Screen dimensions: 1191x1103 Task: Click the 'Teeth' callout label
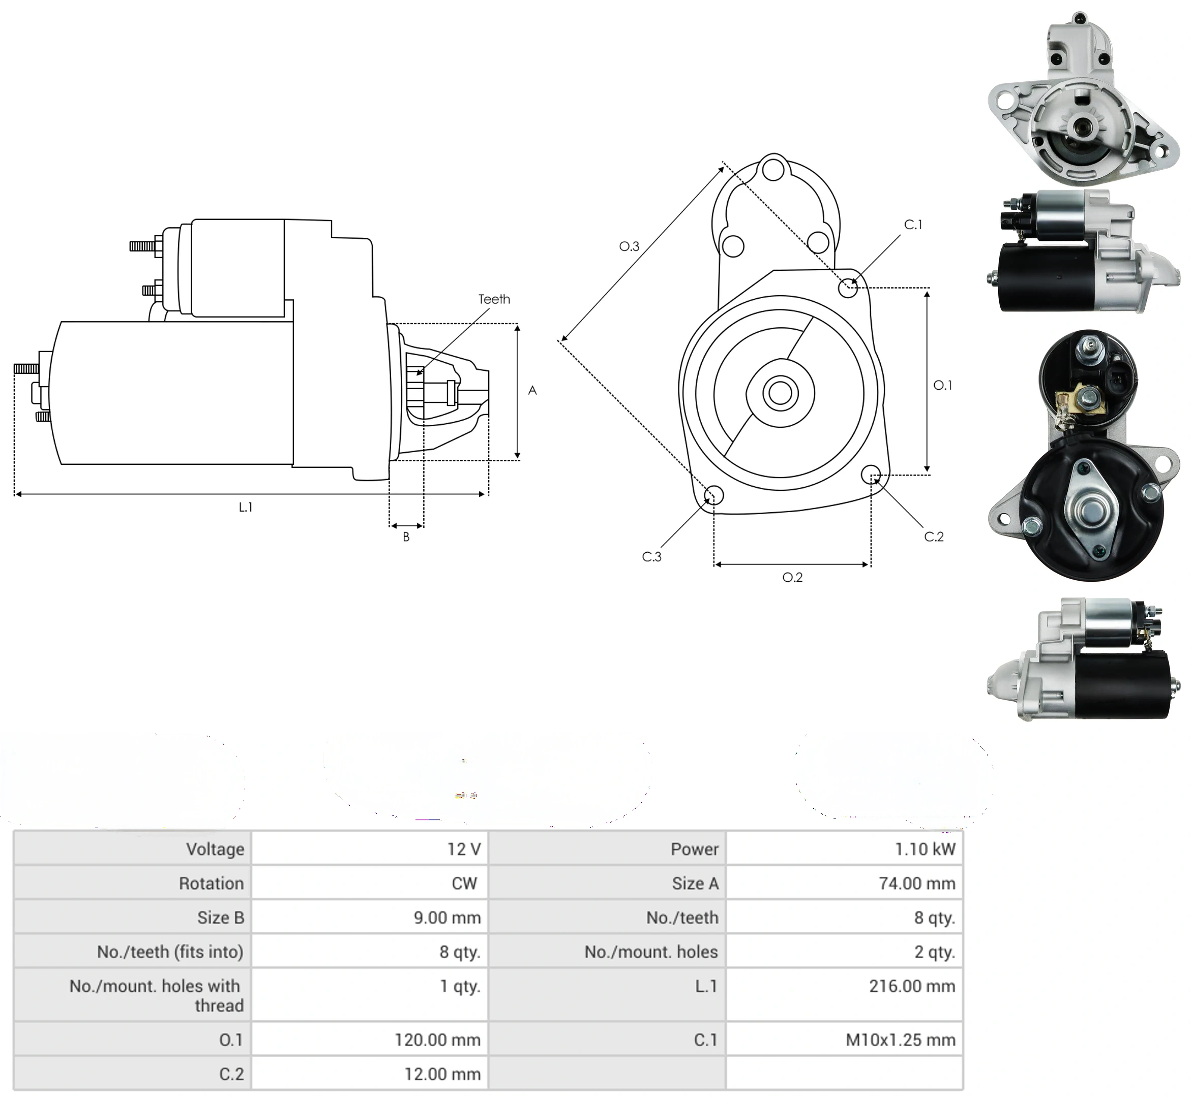pyautogui.click(x=494, y=299)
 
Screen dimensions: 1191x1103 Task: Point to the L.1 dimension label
pyautogui.click(x=246, y=507)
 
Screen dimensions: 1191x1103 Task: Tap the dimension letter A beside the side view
pyautogui.click(x=532, y=390)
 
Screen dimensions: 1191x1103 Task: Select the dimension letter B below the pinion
pyautogui.click(x=406, y=537)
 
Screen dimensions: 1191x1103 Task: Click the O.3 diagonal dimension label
pyautogui.click(x=629, y=246)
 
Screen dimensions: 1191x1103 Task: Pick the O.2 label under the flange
pyautogui.click(x=793, y=577)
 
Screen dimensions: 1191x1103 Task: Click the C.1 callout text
pyautogui.click(x=913, y=225)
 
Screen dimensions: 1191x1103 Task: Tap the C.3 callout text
pyautogui.click(x=651, y=556)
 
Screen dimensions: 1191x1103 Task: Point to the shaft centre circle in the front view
pyautogui.click(x=780, y=393)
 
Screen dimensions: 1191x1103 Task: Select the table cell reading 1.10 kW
pyautogui.click(x=925, y=849)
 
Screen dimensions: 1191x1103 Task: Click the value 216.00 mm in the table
pyautogui.click(x=912, y=986)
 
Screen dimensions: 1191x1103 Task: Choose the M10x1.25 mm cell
pyautogui.click(x=900, y=1039)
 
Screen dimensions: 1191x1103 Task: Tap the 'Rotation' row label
pyautogui.click(x=212, y=883)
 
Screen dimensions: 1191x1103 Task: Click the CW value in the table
pyautogui.click(x=464, y=883)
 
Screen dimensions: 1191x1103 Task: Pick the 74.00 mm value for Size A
pyautogui.click(x=917, y=883)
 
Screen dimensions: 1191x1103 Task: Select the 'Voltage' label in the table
pyautogui.click(x=215, y=849)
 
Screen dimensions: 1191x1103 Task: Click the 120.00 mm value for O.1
pyautogui.click(x=437, y=1039)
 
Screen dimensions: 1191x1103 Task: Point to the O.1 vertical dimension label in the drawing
pyautogui.click(x=942, y=386)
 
